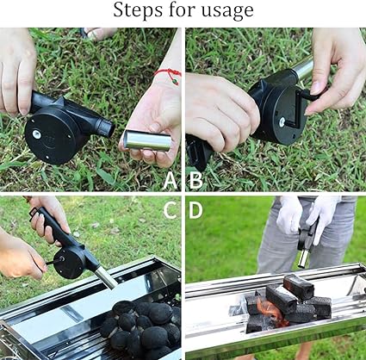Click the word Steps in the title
[137, 10]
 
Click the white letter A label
[171, 181]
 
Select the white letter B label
[195, 181]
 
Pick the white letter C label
[171, 210]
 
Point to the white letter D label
[195, 210]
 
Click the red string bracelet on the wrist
[169, 75]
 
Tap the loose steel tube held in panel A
[147, 140]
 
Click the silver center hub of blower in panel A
[36, 133]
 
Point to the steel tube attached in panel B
[303, 68]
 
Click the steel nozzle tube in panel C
[105, 276]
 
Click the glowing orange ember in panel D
[270, 311]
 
